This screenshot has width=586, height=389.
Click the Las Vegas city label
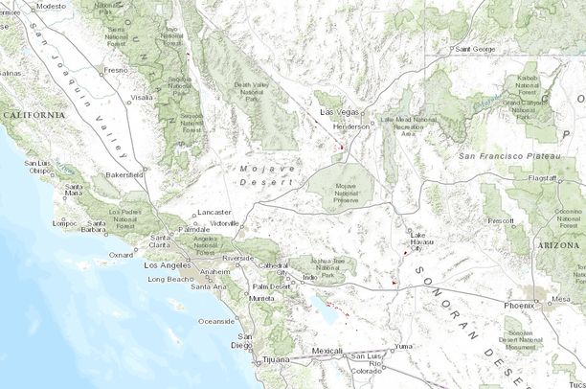point(337,113)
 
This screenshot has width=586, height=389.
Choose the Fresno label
point(115,70)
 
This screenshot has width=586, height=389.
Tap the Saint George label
point(475,48)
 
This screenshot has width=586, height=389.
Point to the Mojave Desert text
point(262,174)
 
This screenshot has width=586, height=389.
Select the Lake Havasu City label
point(417,241)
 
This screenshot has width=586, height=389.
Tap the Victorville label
point(223,222)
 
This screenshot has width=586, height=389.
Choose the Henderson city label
point(349,126)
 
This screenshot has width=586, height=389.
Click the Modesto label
point(51,6)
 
